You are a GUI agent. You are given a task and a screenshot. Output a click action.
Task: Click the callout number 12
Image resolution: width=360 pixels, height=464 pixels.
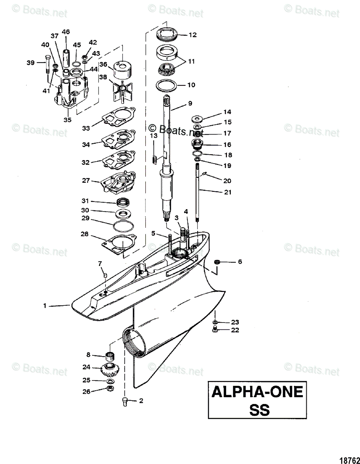193,35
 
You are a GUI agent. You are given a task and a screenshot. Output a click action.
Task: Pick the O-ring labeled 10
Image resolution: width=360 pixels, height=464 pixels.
167,85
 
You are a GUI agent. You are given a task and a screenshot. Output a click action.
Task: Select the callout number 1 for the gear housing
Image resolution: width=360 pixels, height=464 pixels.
45,305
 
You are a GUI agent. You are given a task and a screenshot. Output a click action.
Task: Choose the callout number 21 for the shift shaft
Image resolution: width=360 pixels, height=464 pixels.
228,192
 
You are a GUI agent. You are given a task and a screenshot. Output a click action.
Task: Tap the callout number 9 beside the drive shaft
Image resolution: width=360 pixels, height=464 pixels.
190,103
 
